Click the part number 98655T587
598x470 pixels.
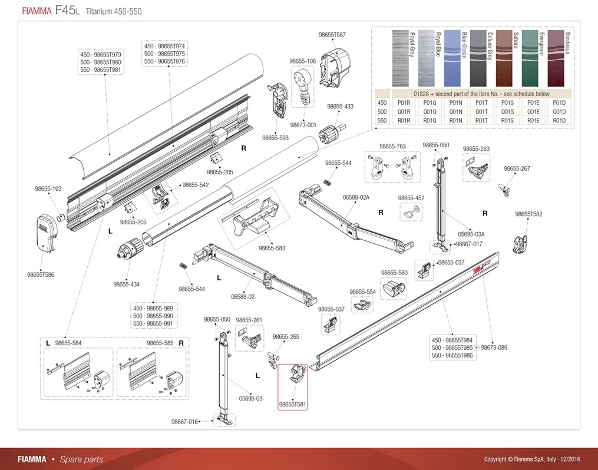[332, 35]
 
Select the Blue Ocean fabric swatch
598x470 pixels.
[454, 58]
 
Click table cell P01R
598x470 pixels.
[404, 102]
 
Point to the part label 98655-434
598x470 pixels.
[127, 284]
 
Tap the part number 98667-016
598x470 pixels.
[184, 421]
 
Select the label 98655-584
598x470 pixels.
[68, 343]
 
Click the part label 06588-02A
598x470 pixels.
[356, 197]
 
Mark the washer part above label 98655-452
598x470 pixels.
[411, 211]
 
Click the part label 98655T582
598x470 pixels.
[528, 214]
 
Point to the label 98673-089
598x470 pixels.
[494, 348]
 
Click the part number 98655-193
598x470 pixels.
[48, 188]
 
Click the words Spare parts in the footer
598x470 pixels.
[82, 459]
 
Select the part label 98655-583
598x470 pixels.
[272, 248]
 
